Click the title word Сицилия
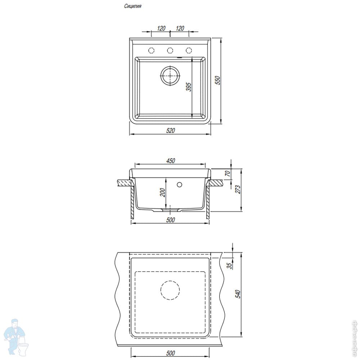click(133, 6)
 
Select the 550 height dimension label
click(218, 80)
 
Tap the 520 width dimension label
click(170, 130)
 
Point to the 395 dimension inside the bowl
click(189, 87)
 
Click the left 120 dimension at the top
click(161, 28)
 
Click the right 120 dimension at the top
click(180, 28)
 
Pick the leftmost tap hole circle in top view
click(151, 50)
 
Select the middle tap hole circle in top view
click(170, 50)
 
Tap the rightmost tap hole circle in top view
click(189, 50)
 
